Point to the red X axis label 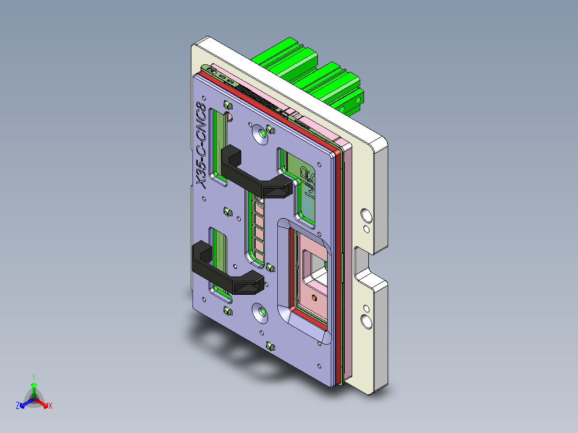click(x=50, y=406)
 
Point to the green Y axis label click(x=33, y=377)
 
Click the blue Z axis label click(x=18, y=406)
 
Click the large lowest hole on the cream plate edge click(x=367, y=322)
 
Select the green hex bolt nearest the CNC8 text click(x=227, y=105)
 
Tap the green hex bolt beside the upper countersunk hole click(x=271, y=130)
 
